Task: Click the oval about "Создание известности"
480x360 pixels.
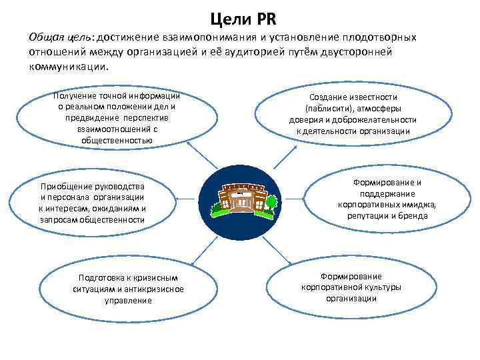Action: [354, 113]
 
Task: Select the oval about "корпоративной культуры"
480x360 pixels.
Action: [351, 287]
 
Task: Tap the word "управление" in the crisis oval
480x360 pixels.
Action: [128, 300]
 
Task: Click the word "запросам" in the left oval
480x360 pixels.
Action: [59, 219]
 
